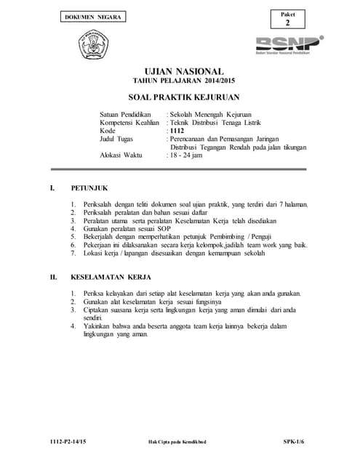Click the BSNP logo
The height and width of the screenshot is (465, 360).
289,44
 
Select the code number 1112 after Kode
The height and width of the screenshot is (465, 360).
177,131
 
